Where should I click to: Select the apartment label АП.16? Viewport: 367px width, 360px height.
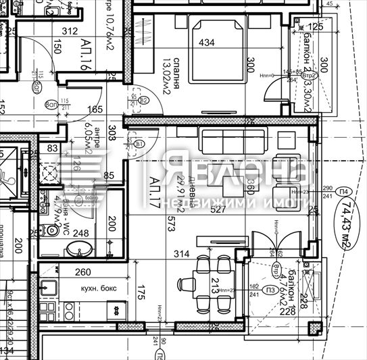(86, 53)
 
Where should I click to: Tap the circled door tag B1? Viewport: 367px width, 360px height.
(139, 145)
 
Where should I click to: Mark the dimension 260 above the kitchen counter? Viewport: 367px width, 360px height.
(82, 273)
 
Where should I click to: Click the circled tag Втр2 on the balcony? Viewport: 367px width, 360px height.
(310, 76)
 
